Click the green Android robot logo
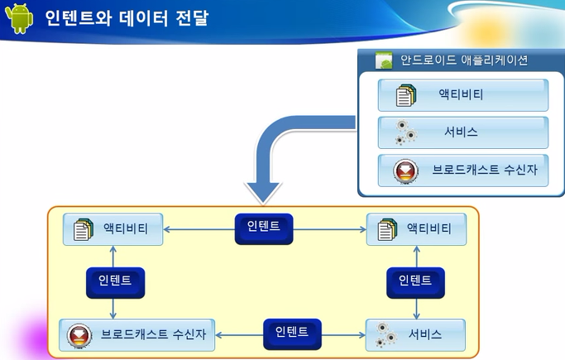(19, 18)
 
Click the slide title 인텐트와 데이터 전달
(127, 18)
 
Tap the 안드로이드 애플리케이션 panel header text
(464, 60)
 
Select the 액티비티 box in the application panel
(463, 95)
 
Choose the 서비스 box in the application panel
(463, 132)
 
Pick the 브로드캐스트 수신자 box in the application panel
(463, 170)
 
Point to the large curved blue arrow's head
(263, 193)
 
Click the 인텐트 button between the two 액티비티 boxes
(264, 229)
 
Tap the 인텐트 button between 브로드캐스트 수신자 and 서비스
(292, 334)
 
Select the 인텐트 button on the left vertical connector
(115, 282)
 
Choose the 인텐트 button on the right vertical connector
(415, 282)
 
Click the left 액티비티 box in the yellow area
(113, 229)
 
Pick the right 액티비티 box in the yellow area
(416, 229)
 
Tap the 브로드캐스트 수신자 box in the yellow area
(137, 335)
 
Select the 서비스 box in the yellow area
(415, 335)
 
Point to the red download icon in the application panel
(405, 171)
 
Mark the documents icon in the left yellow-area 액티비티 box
(84, 229)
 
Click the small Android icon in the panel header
(384, 60)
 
